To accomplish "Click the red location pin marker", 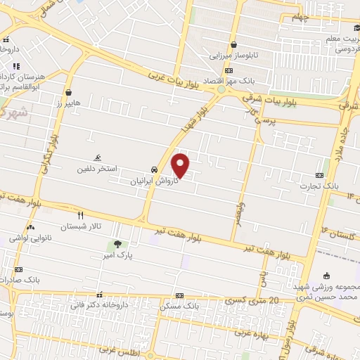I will pos(181,165).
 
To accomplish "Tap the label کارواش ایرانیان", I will pos(153,181).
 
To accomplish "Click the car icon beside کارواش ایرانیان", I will pos(153,170).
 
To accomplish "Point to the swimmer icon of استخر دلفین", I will pos(97,158).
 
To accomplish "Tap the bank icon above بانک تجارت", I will pos(320,175).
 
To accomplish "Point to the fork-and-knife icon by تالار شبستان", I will pos(80,216).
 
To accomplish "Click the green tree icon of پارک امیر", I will pos(117,245).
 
